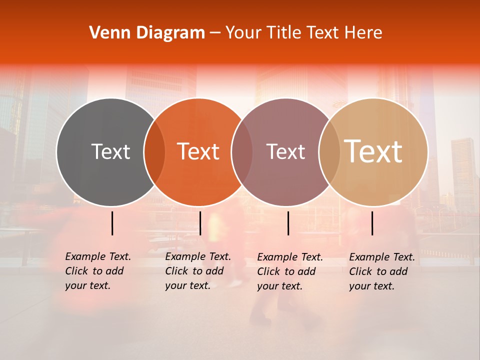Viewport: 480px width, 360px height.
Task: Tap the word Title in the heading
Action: point(282,33)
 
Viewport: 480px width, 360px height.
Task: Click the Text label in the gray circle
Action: point(110,151)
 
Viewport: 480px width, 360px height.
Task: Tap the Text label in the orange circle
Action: point(198,151)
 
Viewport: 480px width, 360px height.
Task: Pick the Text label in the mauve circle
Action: point(285,151)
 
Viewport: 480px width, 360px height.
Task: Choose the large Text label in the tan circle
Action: point(373,151)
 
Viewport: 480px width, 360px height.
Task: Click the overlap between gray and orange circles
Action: point(154,151)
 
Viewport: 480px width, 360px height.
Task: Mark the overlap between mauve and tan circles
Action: point(328,151)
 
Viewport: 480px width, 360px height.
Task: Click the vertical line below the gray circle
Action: point(112,223)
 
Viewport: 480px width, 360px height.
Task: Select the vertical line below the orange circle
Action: point(200,223)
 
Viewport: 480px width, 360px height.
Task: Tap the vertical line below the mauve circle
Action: point(288,223)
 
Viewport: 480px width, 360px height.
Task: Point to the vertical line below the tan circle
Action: point(372,223)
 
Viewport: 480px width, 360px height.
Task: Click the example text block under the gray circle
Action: point(98,271)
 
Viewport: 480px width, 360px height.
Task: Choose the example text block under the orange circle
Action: point(198,271)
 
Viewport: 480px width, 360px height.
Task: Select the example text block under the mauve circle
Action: point(290,271)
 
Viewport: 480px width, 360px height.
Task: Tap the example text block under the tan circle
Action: point(382,271)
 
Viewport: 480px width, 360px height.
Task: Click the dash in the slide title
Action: point(215,33)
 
